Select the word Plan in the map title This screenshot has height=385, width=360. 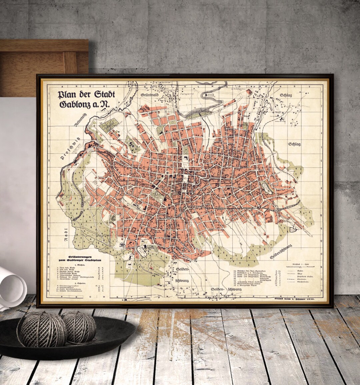point(66,95)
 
